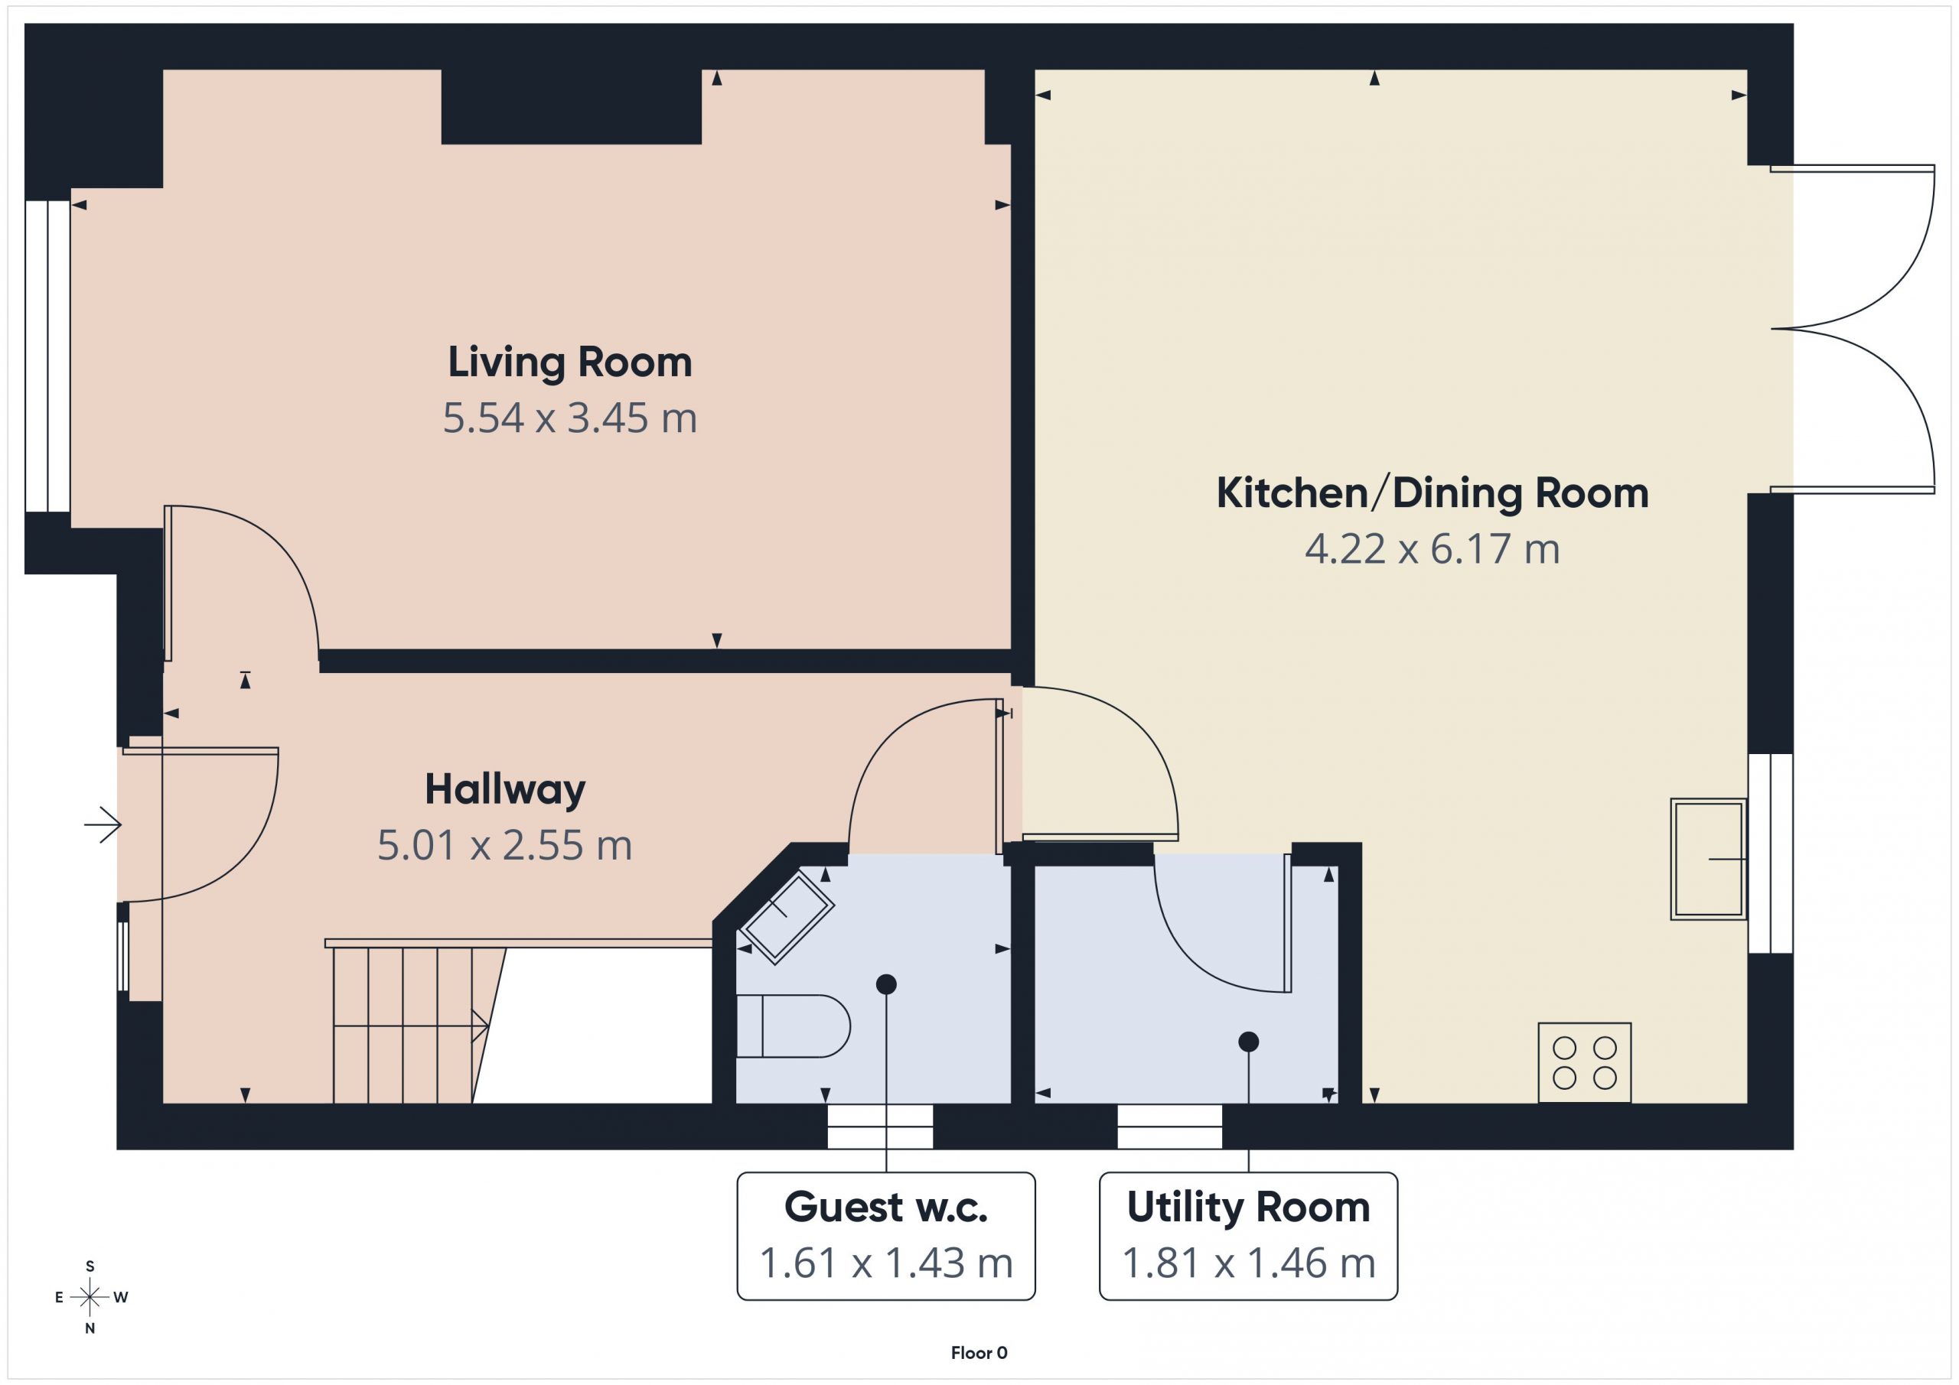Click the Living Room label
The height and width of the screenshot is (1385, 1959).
[570, 363]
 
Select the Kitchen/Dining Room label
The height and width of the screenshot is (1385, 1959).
[1433, 494]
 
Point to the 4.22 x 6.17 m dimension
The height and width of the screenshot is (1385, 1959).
[1433, 549]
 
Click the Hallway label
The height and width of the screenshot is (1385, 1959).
[505, 791]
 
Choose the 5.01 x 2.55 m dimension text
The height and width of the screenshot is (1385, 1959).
[505, 846]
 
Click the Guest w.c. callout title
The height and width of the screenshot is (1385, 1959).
[885, 1208]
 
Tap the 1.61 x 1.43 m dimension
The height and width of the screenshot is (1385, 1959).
[885, 1263]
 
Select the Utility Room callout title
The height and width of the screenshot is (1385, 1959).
[1248, 1208]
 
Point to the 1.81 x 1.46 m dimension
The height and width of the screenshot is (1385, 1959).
[1248, 1263]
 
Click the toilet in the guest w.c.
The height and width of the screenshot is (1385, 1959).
[793, 1026]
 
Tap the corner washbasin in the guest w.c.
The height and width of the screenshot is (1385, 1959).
[786, 918]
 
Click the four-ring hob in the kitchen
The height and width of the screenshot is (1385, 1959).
[1585, 1062]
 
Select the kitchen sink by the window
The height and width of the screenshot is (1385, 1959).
[1708, 859]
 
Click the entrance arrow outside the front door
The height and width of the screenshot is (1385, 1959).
[103, 824]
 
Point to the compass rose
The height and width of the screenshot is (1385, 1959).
[90, 1298]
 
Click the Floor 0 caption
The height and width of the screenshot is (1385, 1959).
[979, 1354]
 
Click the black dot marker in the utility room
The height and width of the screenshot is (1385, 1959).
[1248, 1042]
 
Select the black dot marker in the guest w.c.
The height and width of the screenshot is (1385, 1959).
[885, 984]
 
